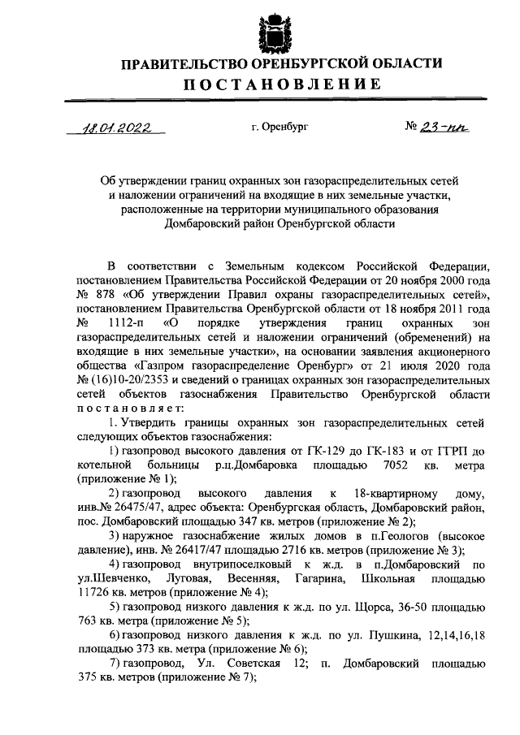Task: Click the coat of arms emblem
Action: (271, 28)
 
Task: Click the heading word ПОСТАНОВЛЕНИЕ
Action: (270, 84)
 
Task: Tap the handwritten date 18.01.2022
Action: (116, 128)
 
